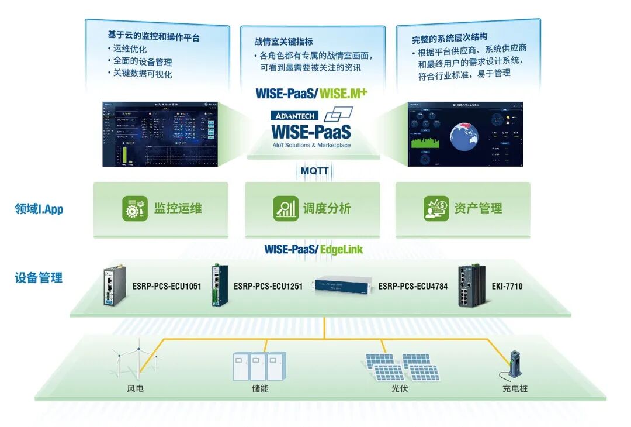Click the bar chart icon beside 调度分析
pos(286,209)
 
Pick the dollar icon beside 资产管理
pos(436,209)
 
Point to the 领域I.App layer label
pos(39,209)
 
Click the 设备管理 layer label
pos(39,278)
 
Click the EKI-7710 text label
pos(507,287)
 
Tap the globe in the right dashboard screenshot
pos(465,134)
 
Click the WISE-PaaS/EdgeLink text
pos(313,250)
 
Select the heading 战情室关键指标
pos(283,42)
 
